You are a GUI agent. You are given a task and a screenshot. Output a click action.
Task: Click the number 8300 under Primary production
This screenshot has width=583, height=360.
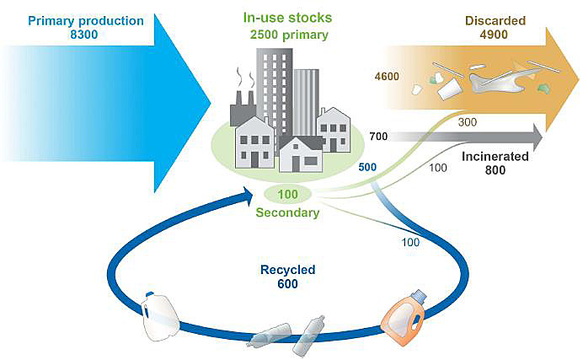(x=84, y=35)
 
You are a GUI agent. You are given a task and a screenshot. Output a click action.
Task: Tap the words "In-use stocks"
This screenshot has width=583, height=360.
(x=287, y=18)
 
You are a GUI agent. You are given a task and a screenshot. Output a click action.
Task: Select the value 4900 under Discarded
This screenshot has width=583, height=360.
(x=494, y=35)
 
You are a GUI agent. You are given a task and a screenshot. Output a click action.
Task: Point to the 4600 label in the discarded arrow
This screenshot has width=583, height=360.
(x=387, y=77)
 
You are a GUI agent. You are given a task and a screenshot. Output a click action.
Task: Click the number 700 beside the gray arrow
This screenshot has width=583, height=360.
(x=378, y=137)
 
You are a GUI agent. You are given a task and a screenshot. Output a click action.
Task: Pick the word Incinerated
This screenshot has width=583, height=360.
(x=495, y=156)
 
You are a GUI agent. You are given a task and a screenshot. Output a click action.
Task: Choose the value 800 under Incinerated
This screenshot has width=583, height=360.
(x=495, y=170)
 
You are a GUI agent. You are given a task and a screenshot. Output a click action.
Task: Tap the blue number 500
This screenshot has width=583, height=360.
(x=367, y=168)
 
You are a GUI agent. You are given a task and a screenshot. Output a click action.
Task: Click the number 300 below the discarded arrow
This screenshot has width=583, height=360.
(x=468, y=122)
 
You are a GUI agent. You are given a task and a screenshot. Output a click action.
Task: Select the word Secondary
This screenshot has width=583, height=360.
(x=287, y=212)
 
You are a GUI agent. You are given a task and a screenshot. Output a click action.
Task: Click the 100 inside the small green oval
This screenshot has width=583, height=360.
(x=288, y=194)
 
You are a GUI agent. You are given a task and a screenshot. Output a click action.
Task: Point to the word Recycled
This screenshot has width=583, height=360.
(x=288, y=270)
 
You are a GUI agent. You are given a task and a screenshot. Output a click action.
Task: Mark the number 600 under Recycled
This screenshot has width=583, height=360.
(x=288, y=284)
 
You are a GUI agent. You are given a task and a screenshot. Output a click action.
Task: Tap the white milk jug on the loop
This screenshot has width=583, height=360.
(x=160, y=316)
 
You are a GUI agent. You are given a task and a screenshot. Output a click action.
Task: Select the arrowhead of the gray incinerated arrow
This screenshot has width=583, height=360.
(x=538, y=137)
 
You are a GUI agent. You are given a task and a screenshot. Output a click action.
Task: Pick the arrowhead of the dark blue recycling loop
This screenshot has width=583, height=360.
(x=249, y=196)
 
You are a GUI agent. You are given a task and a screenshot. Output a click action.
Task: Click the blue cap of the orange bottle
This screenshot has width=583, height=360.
(x=419, y=296)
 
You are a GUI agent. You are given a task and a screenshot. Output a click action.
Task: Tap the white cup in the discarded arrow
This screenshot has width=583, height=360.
(x=450, y=89)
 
